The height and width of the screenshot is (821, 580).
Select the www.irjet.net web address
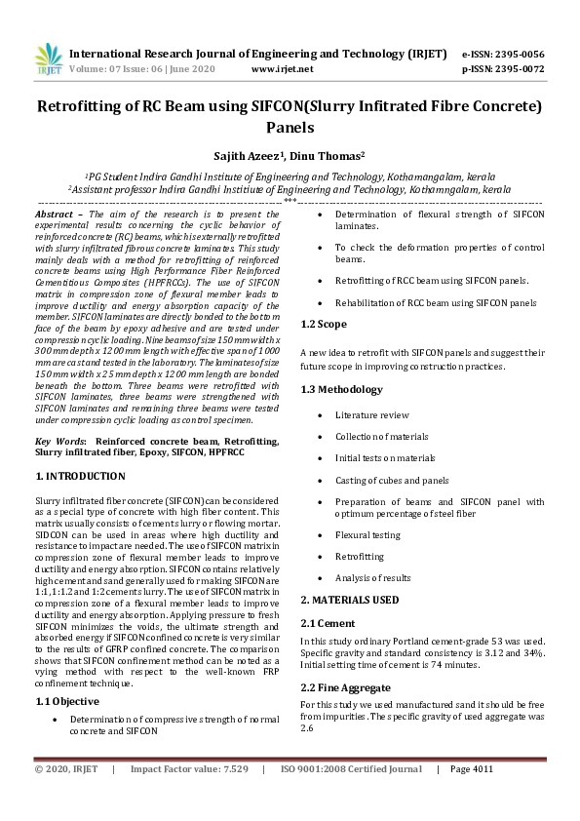tap(282, 69)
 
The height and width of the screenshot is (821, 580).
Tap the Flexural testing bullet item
tap(367, 534)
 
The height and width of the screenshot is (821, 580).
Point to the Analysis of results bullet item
tap(373, 578)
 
